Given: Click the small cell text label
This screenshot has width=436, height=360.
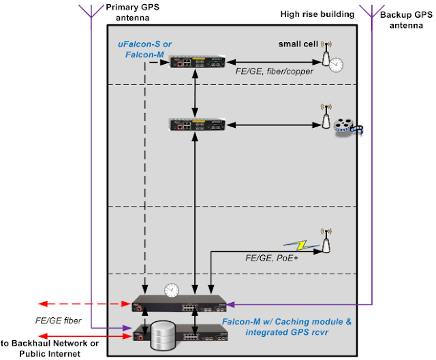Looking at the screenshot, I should (298, 45).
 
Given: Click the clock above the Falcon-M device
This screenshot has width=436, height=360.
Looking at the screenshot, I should (171, 290).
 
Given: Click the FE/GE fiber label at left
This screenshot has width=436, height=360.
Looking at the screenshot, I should (46, 318).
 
